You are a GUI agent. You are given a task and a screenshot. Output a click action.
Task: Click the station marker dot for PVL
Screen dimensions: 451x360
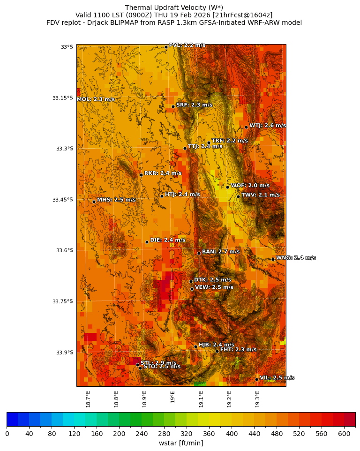pos(166,47)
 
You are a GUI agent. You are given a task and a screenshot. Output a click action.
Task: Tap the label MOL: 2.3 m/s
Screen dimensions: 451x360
pos(96,99)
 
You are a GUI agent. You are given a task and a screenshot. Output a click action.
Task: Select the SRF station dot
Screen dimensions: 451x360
pos(173,106)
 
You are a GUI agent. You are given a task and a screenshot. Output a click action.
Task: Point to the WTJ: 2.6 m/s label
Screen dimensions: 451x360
pos(268,126)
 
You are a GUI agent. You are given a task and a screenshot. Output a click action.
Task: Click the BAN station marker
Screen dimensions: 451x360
pos(199,253)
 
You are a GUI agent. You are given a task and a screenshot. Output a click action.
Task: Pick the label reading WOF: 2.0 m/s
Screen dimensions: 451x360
pos(250,186)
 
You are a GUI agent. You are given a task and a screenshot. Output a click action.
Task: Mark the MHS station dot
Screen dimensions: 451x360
pos(94,202)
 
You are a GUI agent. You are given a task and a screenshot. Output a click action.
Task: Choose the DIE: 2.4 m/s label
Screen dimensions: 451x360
pos(168,240)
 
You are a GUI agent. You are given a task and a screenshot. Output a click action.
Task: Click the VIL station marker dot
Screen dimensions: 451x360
pos(257,379)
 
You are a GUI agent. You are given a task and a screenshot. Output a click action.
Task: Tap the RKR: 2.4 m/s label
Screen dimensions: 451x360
pos(163,173)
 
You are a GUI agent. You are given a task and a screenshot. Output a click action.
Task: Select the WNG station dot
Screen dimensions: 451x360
pos(273,259)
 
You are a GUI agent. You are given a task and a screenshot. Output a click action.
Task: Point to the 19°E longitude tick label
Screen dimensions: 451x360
pos(172,397)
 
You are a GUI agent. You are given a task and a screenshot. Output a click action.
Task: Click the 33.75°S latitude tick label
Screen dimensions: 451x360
pos(63,301)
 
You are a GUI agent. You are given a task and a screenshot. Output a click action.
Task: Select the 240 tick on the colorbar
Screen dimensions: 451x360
pos(119,434)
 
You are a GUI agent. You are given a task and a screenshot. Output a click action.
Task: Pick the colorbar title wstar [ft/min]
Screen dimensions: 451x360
pos(181,443)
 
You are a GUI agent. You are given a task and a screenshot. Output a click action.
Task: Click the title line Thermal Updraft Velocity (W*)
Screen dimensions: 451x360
pos(174,8)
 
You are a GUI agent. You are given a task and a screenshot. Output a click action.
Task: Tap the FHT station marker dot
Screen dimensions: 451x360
pos(217,351)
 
